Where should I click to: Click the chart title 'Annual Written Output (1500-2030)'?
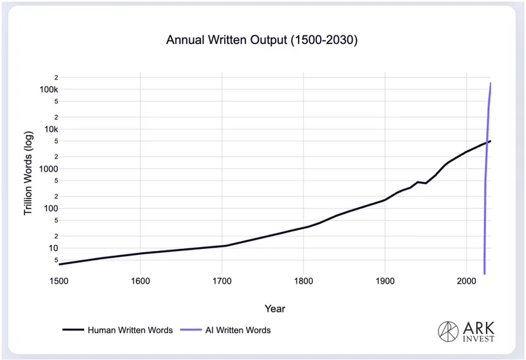pos(262,40)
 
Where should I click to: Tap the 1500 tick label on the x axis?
pos(59,281)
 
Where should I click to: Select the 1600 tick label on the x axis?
pos(140,281)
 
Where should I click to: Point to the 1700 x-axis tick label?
pos(222,281)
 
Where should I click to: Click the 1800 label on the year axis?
pos(304,281)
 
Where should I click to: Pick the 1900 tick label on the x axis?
pos(385,281)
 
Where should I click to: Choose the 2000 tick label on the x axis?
pos(466,281)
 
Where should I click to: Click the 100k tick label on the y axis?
pos(49,89)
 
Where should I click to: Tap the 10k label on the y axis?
pos(51,129)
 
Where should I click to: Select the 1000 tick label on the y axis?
pos(49,169)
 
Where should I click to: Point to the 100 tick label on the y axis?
pos(51,208)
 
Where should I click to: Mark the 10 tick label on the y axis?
pos(53,248)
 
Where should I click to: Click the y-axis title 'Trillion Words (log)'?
pos(28,173)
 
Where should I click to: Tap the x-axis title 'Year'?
pos(275,309)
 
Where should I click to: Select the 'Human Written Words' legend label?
pos(130,330)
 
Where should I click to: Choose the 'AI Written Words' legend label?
pos(238,330)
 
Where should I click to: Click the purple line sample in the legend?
pos(191,330)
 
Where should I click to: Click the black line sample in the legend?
pos(73,330)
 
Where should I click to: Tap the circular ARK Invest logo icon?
pos(448,332)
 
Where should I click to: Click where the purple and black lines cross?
pos(487,143)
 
